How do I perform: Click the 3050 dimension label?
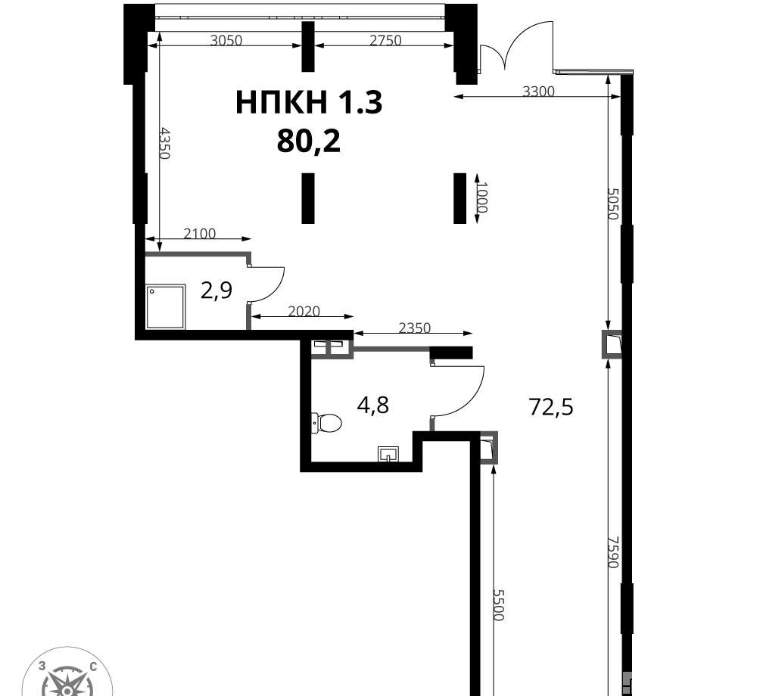pos(226,40)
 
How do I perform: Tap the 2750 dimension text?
pos(385,40)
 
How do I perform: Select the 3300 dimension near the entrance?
pos(539,91)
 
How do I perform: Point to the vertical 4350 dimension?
pos(164,143)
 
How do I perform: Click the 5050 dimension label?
pos(612,204)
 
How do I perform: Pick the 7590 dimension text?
pos(612,552)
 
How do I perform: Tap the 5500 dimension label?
pos(498,605)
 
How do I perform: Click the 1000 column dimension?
pos(481,197)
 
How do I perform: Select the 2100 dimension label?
pos(200,234)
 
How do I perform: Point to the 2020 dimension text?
pos(304,312)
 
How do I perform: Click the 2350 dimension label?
pos(415,328)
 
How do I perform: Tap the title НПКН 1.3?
pos(309,103)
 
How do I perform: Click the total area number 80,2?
pos(309,141)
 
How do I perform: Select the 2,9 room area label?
pos(217,291)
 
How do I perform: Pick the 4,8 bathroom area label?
pos(372,405)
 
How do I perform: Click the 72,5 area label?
pos(551,406)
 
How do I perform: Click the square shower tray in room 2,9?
pos(165,306)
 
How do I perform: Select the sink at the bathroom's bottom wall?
pos(388,454)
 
